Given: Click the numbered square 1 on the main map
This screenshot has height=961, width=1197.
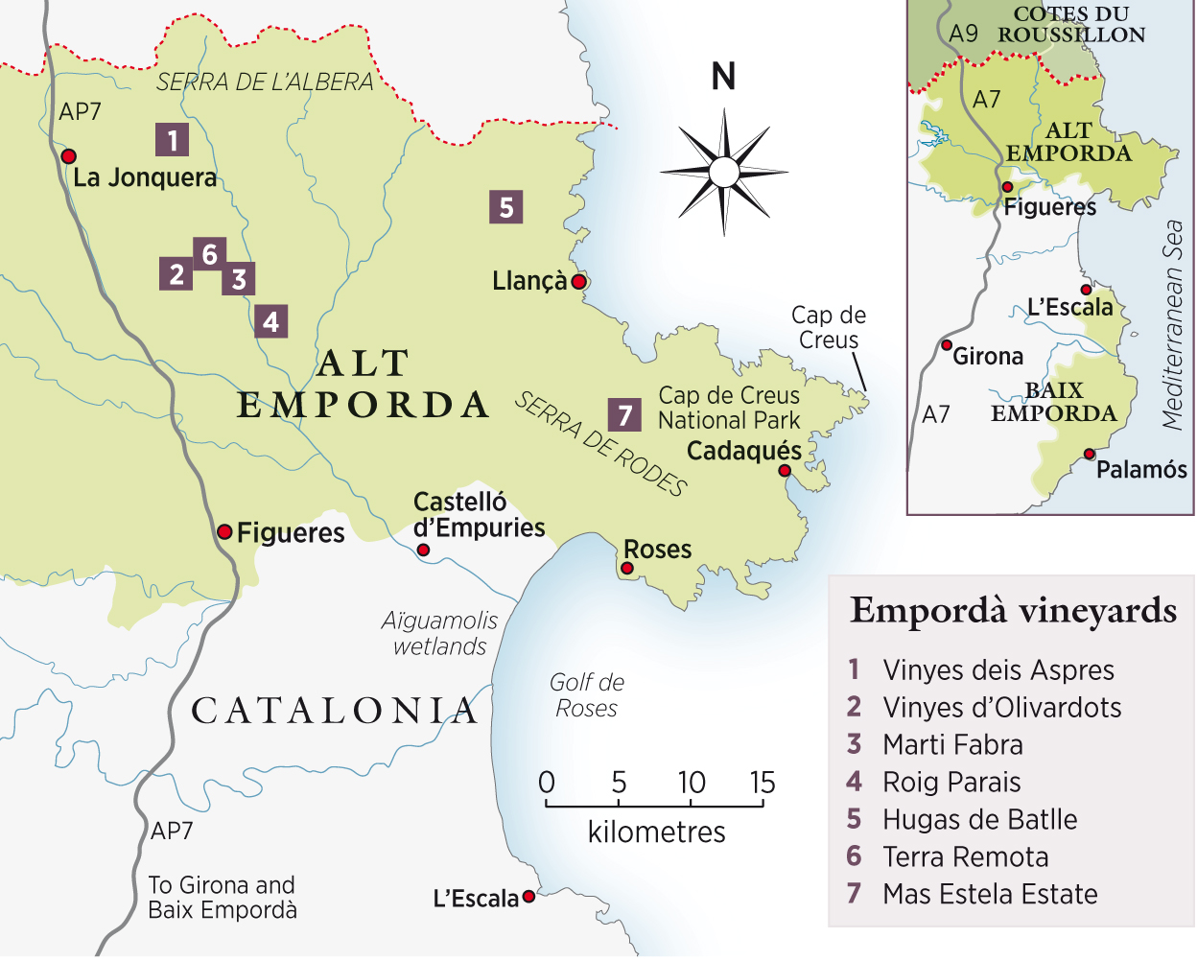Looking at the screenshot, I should coord(173,140).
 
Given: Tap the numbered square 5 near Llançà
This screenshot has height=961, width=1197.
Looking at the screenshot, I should coord(506,207).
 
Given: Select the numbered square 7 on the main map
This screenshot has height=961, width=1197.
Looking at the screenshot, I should coord(625,415).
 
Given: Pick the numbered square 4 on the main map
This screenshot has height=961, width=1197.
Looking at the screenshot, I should coord(271,321).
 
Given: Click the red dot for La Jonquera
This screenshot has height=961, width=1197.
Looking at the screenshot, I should coord(68,156).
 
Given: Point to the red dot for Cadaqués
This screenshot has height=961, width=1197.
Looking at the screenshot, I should coord(785,470).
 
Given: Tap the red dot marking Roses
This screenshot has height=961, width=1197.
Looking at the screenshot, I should coord(627,569).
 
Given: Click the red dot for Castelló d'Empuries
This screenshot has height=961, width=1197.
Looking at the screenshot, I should coord(423,551).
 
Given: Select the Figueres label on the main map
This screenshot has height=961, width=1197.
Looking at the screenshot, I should coord(291,533).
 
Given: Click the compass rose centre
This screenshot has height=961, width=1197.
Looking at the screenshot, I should coord(724,173).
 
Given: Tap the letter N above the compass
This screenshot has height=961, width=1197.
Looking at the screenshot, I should coord(724,77).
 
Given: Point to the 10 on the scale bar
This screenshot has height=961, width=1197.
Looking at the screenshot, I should coord(691,784).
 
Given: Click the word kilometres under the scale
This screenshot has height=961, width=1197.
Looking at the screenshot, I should coord(656,832).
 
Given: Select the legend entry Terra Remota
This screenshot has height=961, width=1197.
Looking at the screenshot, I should coord(965,856).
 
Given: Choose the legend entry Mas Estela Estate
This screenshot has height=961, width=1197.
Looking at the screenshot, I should coord(990,894).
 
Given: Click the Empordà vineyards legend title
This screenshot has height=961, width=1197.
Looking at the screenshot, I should coord(1013,611).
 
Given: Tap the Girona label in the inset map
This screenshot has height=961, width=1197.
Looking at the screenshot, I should coord(988,357).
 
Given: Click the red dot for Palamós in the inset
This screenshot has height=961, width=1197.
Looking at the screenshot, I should coord(1090,454).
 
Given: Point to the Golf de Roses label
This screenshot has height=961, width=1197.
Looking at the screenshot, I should coord(587,695).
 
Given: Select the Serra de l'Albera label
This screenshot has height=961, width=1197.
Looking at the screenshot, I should coord(265,82).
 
